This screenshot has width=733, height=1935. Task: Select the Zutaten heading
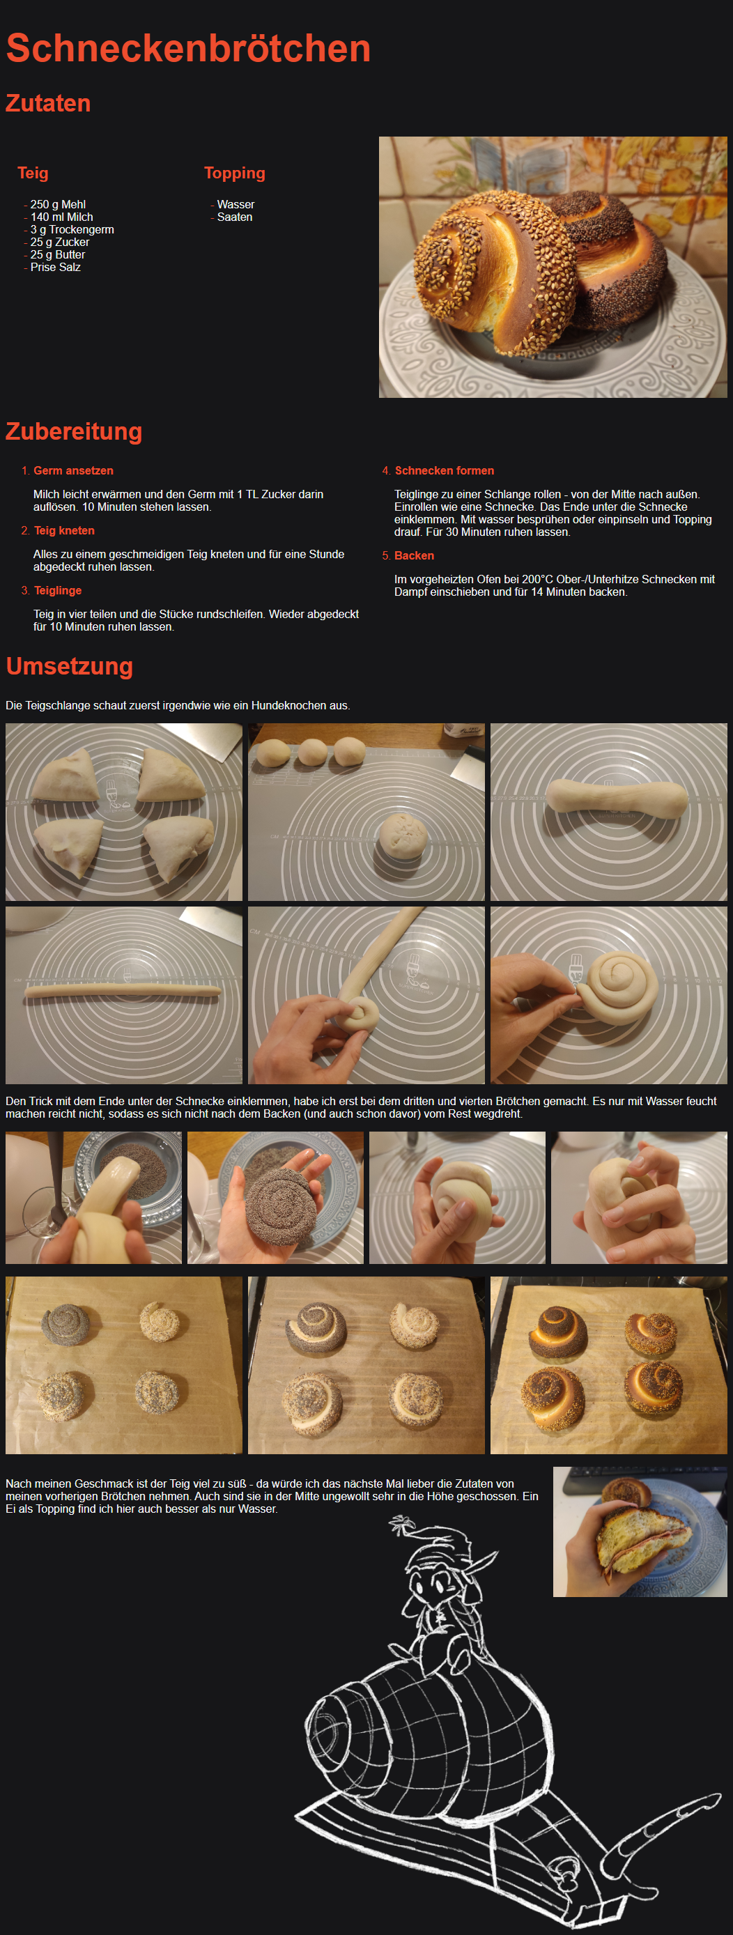click(48, 103)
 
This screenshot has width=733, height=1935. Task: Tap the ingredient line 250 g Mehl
click(58, 204)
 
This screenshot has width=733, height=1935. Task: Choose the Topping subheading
click(234, 174)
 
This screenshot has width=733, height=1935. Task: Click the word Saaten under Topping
click(234, 217)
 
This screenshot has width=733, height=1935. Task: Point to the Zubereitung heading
click(74, 431)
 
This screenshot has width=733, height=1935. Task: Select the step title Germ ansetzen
click(74, 471)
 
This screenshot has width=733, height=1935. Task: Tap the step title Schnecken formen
click(445, 471)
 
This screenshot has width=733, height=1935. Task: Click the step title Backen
click(415, 556)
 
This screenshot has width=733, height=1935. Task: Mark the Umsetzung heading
click(69, 666)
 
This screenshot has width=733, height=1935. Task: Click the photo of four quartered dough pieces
click(124, 812)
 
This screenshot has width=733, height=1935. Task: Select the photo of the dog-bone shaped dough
click(608, 812)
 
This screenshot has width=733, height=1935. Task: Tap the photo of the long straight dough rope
click(124, 994)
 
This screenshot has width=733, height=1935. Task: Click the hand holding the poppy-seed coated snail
click(275, 1197)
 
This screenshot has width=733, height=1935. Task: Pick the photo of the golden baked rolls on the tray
click(608, 1365)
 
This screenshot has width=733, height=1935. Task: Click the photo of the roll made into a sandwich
click(640, 1532)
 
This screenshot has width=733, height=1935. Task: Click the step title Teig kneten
click(65, 531)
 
